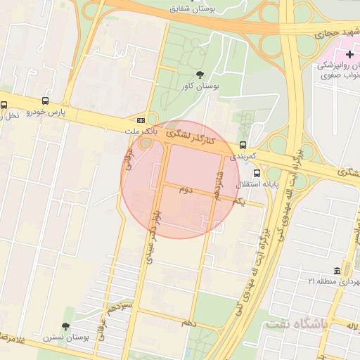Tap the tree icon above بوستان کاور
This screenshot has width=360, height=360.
coord(200,75)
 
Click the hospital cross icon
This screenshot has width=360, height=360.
coord(349,54)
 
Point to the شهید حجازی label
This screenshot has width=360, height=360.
coord(337,32)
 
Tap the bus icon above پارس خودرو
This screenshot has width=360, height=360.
coord(46,101)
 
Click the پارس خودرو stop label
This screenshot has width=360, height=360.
coord(46,112)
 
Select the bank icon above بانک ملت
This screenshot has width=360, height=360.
coord(141,120)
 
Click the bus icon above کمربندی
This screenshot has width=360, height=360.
coord(243,145)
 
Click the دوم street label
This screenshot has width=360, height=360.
coord(185,189)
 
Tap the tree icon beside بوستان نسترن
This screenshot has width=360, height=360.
coord(65,327)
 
